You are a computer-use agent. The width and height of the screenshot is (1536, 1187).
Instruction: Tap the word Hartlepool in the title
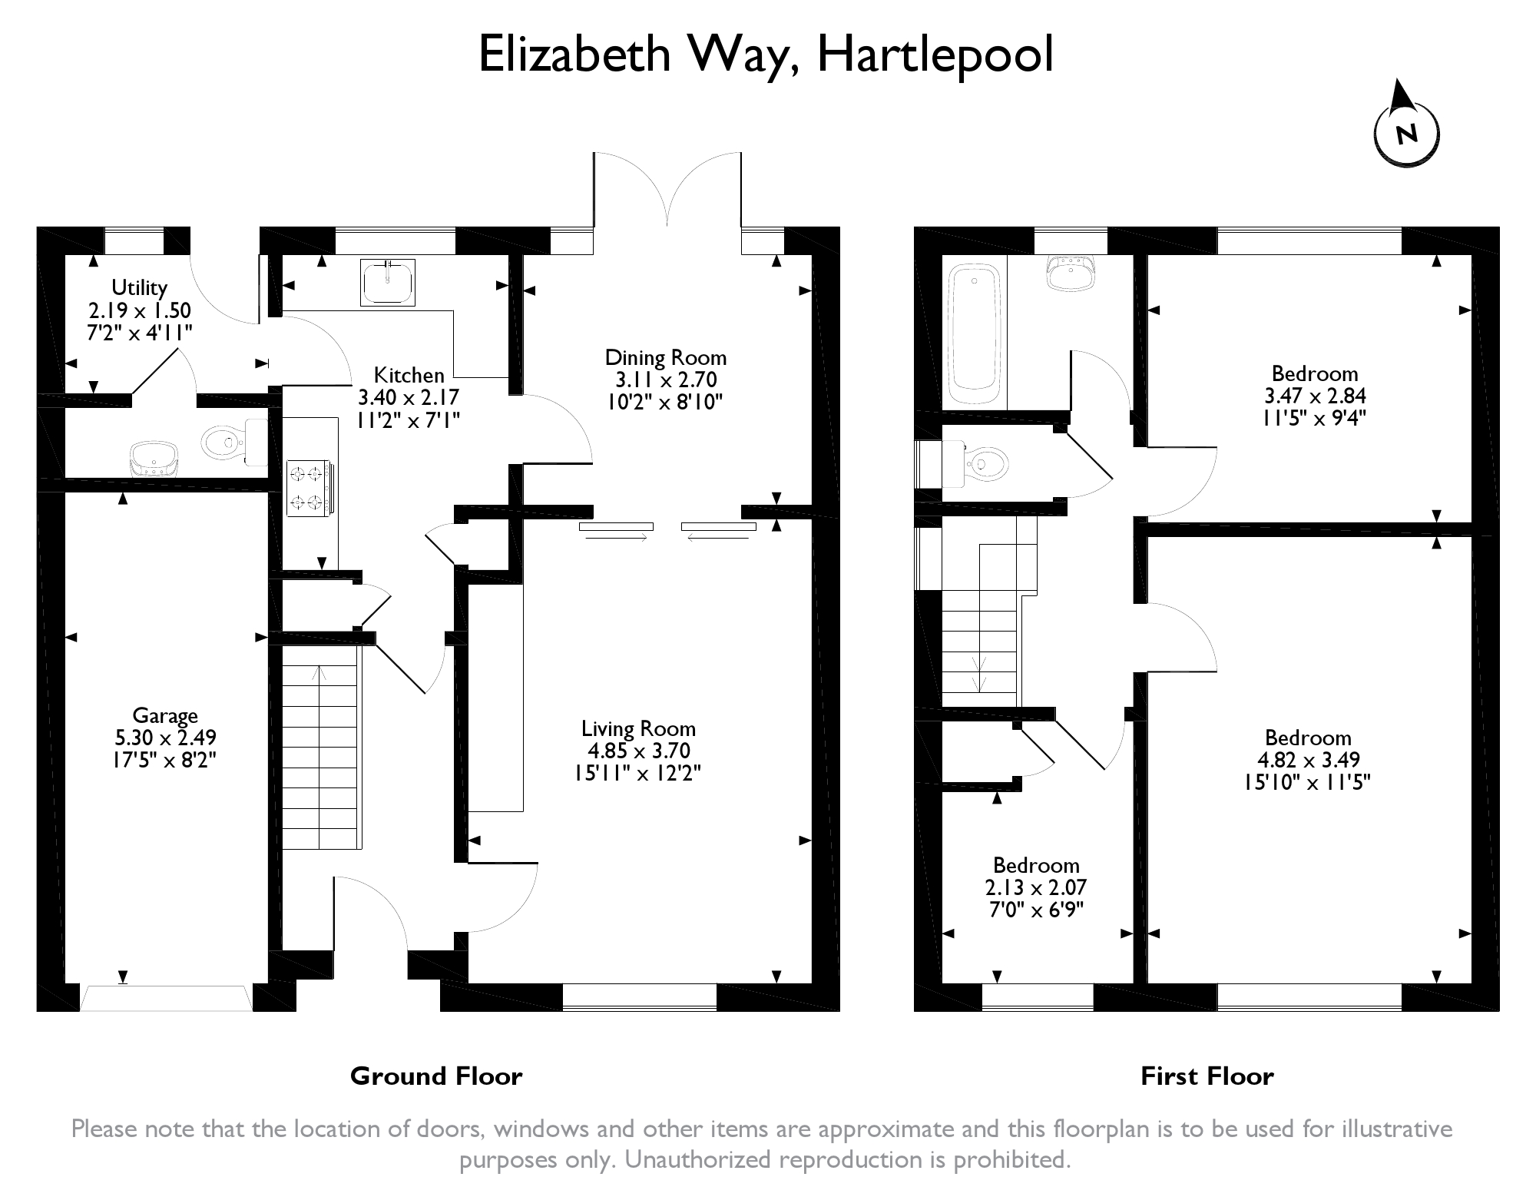tap(935, 55)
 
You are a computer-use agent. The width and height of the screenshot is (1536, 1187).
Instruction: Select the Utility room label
tap(139, 288)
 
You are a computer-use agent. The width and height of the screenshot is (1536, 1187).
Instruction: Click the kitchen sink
tap(388, 282)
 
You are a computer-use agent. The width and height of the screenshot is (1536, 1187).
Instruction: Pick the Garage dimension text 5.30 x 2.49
tap(165, 738)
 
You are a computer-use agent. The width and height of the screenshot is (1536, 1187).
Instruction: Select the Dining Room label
tap(665, 357)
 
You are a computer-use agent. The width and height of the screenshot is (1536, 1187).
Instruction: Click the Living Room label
tap(638, 728)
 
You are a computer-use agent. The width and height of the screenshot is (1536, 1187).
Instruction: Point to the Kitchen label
tap(409, 375)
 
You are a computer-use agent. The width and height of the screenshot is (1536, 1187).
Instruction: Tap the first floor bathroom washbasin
tap(1071, 274)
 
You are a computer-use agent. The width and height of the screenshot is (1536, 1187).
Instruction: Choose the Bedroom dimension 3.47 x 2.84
tap(1315, 396)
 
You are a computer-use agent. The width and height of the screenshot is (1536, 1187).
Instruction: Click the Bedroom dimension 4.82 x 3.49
tap(1308, 760)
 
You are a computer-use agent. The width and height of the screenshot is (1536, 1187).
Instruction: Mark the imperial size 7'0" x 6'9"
tap(1035, 910)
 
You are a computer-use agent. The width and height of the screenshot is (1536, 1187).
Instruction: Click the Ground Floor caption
tap(436, 1076)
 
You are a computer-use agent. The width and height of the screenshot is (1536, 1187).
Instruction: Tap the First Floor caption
tap(1207, 1076)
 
